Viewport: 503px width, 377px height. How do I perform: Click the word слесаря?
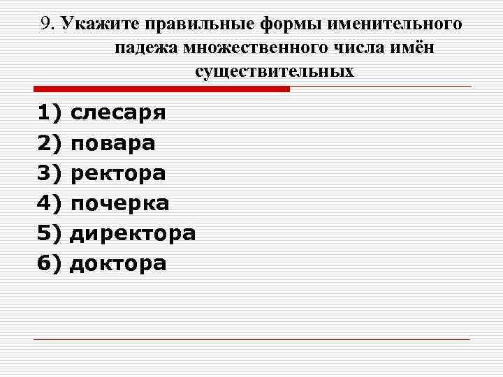118,113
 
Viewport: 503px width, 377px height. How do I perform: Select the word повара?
113,144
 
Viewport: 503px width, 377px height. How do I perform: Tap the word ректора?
118,174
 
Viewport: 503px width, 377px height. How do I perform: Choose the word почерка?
120,204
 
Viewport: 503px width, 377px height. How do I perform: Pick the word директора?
133,233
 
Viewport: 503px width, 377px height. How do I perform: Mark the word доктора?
118,263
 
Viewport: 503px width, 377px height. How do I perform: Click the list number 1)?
50,113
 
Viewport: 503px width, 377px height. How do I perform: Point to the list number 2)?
50,144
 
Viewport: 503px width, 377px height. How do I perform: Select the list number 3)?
50,174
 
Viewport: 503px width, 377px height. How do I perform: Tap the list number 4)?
50,204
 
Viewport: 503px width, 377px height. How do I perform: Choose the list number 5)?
50,233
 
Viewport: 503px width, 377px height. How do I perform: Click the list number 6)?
50,263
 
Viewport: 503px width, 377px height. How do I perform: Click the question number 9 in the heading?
47,24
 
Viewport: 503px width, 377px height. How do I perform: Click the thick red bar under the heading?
161,89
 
